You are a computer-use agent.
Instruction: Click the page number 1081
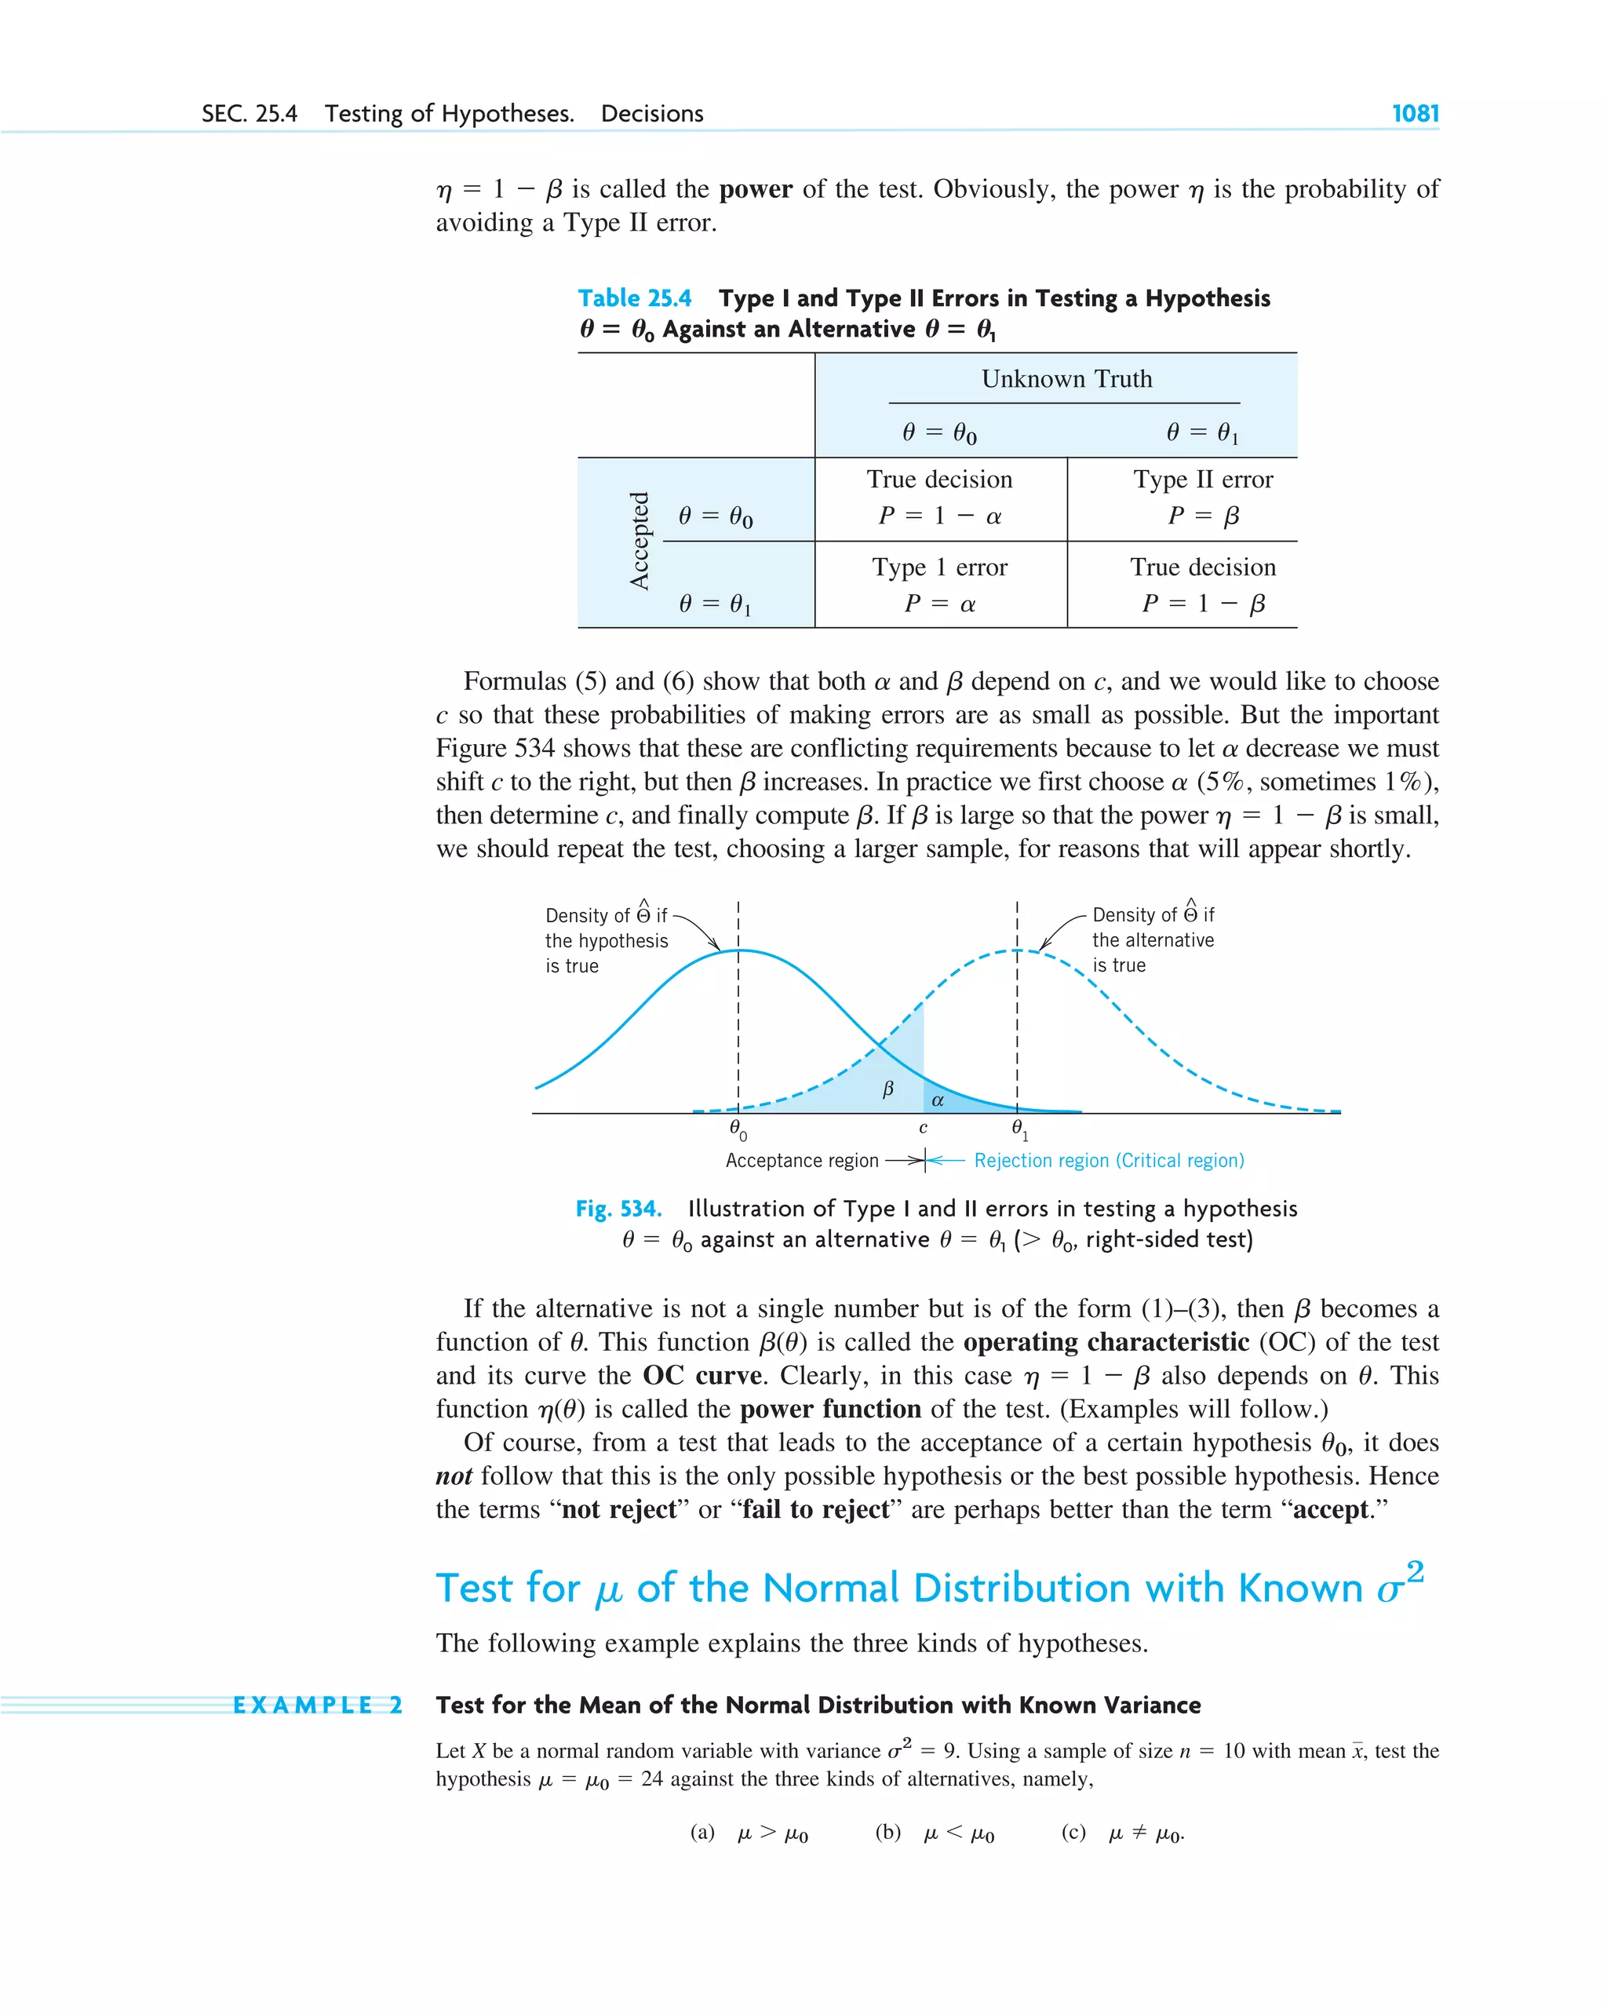(1414, 114)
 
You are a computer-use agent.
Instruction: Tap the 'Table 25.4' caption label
(634, 298)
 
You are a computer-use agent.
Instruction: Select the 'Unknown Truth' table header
(1066, 378)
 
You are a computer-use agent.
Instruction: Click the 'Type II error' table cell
(1202, 480)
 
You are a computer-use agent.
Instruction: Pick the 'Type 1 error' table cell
(939, 567)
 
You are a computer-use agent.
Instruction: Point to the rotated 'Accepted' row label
(640, 541)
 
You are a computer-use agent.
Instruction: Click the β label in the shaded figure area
(887, 1088)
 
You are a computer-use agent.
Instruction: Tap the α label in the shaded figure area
(938, 1101)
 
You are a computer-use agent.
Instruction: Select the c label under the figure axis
(923, 1128)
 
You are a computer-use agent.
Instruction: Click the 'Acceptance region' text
(802, 1161)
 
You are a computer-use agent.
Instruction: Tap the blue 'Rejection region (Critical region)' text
(1108, 1161)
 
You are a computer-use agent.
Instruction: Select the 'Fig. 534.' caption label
(618, 1209)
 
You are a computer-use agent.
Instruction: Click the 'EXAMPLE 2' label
(317, 1705)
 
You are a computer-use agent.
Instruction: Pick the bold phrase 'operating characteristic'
(1106, 1343)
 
